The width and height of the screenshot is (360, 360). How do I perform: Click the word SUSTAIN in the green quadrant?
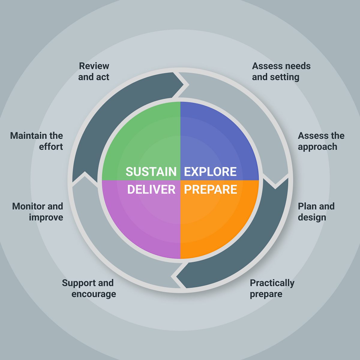(151, 172)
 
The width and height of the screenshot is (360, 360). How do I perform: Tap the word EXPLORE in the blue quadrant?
(210, 172)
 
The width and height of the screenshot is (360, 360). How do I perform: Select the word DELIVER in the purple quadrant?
(151, 190)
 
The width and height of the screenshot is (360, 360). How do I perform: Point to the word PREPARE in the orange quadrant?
(211, 190)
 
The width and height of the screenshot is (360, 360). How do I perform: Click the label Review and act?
(94, 71)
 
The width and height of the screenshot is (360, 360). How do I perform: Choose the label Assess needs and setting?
(281, 71)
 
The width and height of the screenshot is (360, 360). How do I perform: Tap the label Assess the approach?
(321, 141)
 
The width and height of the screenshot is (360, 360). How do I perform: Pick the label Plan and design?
(316, 212)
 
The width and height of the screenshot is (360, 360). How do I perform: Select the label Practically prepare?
(272, 288)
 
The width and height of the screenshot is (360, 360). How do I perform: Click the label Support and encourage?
(89, 288)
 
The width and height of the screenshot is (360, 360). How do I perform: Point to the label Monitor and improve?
(38, 212)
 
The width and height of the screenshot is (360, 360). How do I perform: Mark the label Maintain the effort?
(37, 141)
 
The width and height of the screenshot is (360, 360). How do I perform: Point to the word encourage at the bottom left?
(94, 294)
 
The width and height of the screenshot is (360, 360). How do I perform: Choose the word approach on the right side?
(317, 147)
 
